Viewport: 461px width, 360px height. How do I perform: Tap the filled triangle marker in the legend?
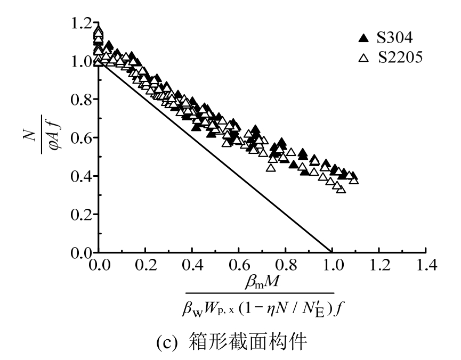pos(364,38)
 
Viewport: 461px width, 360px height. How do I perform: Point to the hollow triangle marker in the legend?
pos(364,58)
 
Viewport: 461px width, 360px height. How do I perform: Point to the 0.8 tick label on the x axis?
pos(285,265)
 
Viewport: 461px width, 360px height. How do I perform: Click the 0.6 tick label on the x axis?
pos(238,265)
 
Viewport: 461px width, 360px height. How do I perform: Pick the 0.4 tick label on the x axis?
pos(191,265)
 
